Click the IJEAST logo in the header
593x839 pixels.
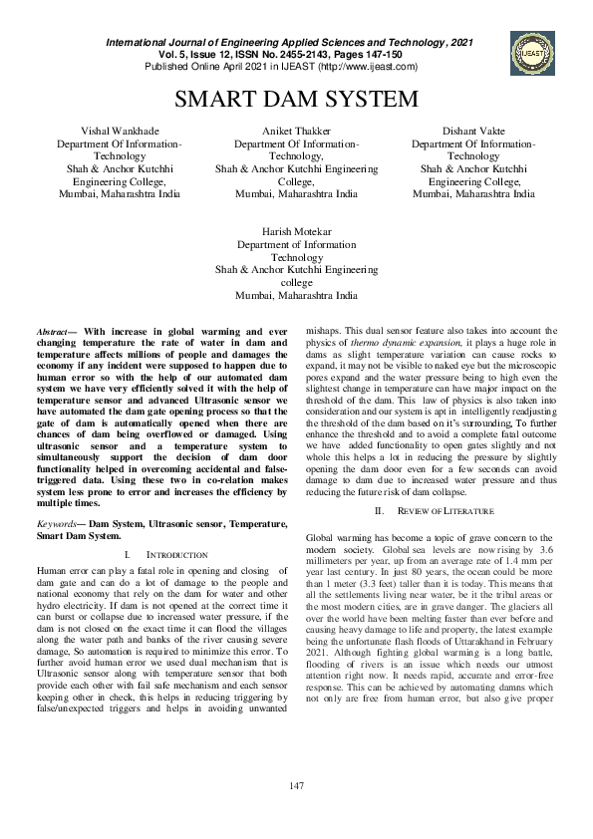point(529,52)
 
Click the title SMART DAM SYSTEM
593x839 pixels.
point(296,100)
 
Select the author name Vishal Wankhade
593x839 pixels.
point(120,132)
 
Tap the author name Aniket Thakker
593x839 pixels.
point(296,132)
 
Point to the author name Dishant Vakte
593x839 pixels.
point(473,132)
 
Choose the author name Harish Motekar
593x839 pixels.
point(296,231)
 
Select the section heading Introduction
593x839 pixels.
point(175,553)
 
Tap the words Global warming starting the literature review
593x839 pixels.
point(340,538)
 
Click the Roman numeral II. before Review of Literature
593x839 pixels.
point(378,511)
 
